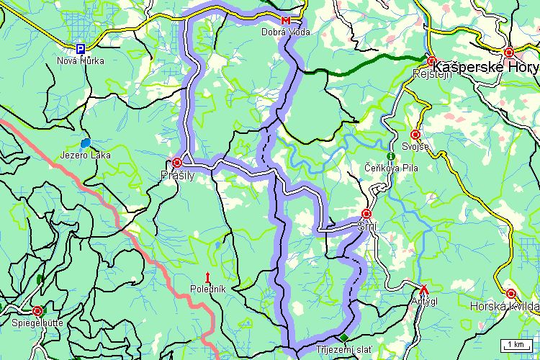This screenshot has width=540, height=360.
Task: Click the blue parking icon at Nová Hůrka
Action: [81, 48]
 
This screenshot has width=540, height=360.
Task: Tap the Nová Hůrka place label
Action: [81, 60]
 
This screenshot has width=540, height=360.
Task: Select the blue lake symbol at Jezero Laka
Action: [86, 143]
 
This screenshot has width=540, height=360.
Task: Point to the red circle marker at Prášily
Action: [177, 162]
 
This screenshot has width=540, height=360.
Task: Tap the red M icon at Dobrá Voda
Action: [287, 19]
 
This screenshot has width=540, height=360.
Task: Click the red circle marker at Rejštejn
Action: [431, 61]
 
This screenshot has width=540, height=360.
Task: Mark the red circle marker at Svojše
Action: [415, 135]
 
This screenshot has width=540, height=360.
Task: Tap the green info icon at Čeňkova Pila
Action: [390, 156]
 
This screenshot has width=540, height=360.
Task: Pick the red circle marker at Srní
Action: [366, 214]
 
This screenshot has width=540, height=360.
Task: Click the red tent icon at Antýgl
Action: [424, 289]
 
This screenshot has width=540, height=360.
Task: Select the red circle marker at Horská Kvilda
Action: [510, 294]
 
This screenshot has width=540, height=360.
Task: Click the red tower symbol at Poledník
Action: [208, 276]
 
